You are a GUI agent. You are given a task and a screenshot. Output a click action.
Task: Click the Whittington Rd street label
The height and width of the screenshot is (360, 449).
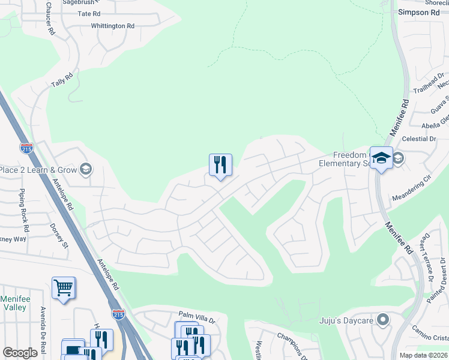(112, 26)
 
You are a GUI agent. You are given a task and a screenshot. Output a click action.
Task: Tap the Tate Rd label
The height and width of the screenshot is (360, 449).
(88, 13)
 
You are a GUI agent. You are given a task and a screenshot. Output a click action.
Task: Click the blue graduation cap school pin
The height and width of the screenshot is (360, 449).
(381, 158)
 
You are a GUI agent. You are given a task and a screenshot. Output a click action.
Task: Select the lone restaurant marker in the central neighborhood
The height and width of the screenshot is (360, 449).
(220, 165)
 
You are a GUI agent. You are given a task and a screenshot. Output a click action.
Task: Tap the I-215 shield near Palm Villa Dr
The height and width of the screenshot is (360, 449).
(118, 313)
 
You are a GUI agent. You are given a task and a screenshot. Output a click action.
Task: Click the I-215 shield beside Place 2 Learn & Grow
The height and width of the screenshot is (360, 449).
(26, 148)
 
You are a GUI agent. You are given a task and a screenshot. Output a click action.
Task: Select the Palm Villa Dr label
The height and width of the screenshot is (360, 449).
(197, 314)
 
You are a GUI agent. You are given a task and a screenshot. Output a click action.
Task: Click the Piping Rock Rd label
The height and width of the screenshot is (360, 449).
(24, 211)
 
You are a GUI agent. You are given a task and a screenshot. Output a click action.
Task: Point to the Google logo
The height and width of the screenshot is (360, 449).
(20, 353)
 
